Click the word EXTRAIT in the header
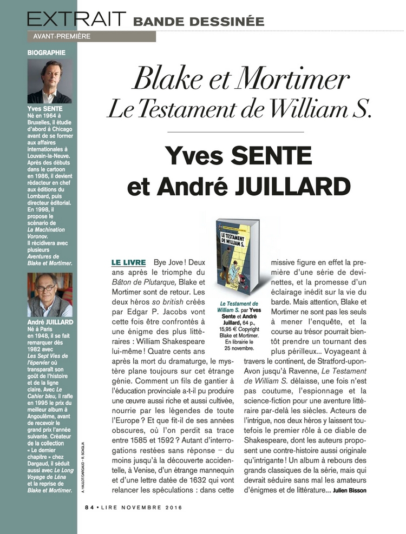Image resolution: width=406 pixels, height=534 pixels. [76, 19]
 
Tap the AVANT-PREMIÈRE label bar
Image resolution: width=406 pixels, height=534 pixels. [91, 37]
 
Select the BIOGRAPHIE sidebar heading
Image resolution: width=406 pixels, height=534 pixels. [47, 53]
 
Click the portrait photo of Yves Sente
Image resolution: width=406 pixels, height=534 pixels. [50, 81]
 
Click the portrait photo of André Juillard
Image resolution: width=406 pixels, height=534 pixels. [50, 295]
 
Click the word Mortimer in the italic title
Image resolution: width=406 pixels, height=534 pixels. [296, 80]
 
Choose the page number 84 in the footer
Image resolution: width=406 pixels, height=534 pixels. [89, 507]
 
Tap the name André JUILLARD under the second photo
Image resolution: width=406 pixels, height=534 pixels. [49, 322]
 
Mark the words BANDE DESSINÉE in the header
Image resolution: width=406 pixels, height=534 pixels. [199, 22]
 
